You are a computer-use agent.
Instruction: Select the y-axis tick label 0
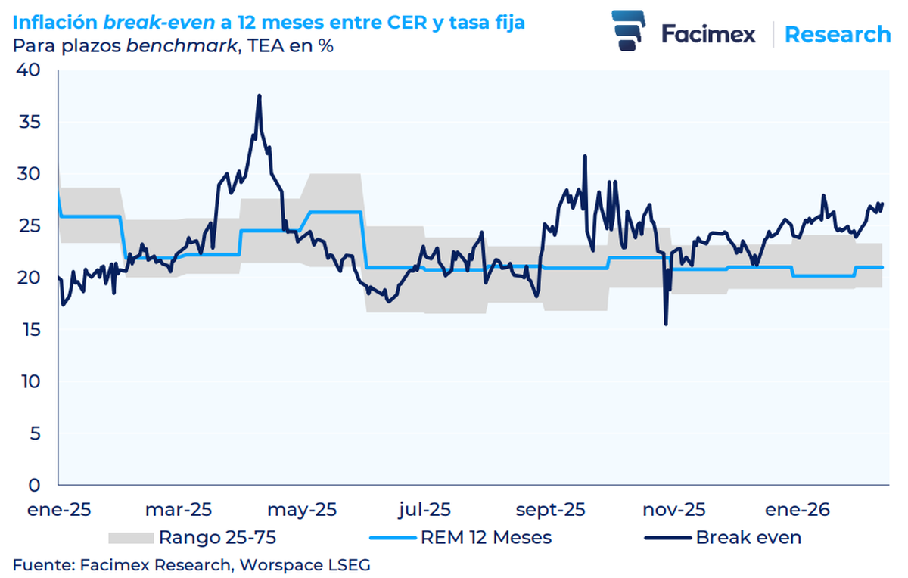click(x=34, y=485)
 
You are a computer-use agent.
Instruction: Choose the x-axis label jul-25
click(x=426, y=509)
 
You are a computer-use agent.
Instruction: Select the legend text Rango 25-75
click(x=217, y=538)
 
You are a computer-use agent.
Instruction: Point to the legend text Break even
click(x=748, y=538)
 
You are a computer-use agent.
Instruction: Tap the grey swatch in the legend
click(x=131, y=538)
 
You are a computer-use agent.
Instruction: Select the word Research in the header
click(x=837, y=34)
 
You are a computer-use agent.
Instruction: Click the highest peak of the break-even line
click(x=259, y=95)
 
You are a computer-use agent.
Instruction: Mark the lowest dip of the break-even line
click(x=666, y=325)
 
